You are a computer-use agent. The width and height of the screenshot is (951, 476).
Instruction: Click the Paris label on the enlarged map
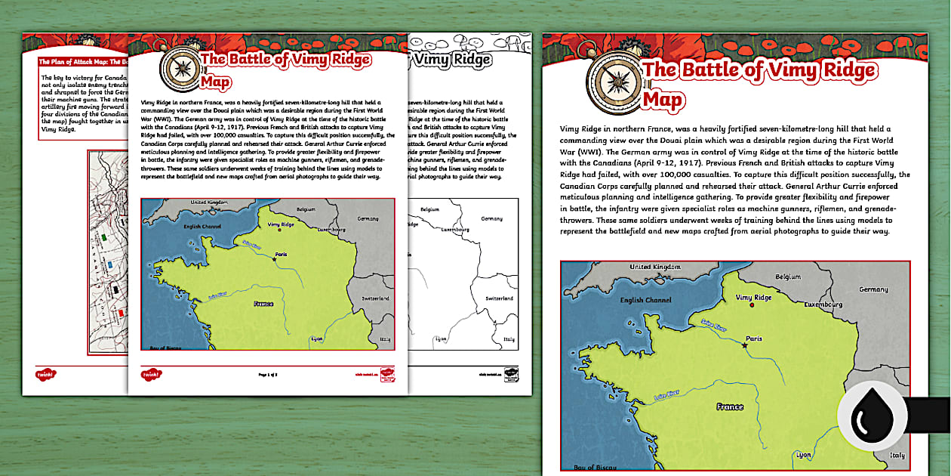pyautogui.click(x=753, y=339)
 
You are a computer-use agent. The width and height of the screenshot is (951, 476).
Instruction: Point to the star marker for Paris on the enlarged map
pyautogui.click(x=745, y=346)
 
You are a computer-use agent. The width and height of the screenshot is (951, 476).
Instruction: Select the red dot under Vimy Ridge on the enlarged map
pyautogui.click(x=752, y=306)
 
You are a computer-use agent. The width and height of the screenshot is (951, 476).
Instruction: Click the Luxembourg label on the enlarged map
pyautogui.click(x=822, y=304)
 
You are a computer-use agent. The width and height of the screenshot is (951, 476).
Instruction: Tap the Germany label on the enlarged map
pyautogui.click(x=873, y=289)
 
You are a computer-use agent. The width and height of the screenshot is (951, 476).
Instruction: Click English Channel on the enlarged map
pyautogui.click(x=642, y=300)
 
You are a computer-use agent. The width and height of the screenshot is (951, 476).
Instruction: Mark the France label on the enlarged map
pyautogui.click(x=729, y=407)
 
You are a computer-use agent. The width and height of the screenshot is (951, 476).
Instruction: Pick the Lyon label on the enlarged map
pyautogui.click(x=804, y=456)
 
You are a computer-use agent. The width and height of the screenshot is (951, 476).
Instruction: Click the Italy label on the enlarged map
pyautogui.click(x=897, y=456)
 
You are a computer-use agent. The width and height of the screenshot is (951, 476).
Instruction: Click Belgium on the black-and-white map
pyautogui.click(x=429, y=209)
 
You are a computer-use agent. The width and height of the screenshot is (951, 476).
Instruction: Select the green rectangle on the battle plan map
pyautogui.click(x=103, y=236)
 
